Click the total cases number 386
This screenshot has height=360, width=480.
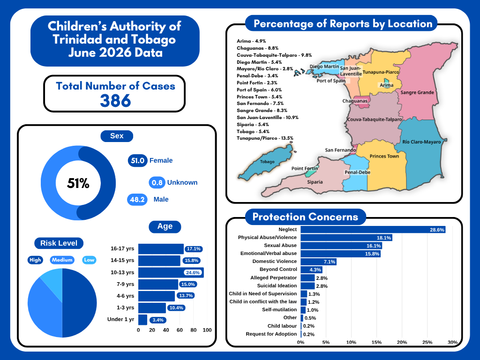pos(115,100)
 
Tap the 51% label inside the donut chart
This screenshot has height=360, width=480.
pos(78,183)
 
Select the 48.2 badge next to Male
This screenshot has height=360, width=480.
pos(137,200)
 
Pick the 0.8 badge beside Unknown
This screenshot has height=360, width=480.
pos(157,182)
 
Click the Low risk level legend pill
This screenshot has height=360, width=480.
pos(89,260)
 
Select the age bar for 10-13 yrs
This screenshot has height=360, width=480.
pos(171,272)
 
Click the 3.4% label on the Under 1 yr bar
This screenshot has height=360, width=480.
pos(158,320)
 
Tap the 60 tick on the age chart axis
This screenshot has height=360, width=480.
pos(180,330)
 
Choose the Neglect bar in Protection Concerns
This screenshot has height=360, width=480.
pos(373,230)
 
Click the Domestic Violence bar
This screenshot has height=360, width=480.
pos(318,262)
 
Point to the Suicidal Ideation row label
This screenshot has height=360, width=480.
pos(277,285)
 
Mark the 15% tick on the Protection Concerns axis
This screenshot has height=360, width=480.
pos(376,342)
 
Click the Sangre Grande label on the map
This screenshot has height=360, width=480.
pos(417,92)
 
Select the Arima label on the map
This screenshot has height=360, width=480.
pos(386,85)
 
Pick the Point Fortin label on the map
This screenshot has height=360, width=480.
pos(305,168)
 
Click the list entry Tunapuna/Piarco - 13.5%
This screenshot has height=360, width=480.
pos(265,138)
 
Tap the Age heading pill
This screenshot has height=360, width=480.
pos(165,226)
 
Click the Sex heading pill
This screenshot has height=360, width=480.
pos(117,136)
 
